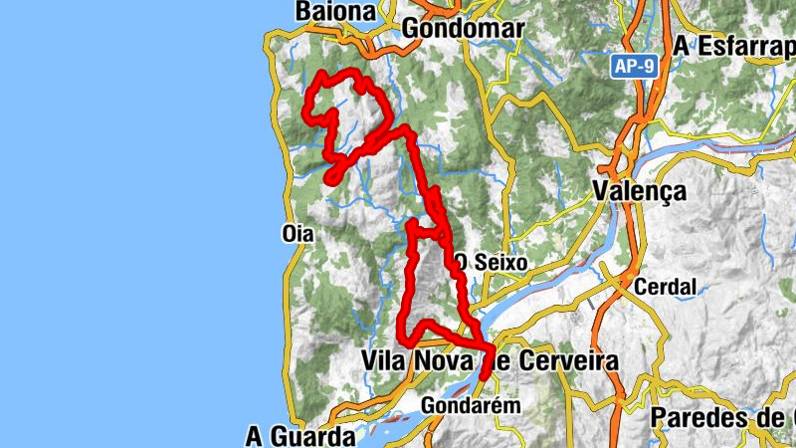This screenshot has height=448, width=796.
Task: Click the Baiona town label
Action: [x=336, y=12]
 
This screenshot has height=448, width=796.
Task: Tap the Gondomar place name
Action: [x=463, y=29]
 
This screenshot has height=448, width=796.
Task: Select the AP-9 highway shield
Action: [x=634, y=65]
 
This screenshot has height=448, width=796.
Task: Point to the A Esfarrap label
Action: [x=734, y=46]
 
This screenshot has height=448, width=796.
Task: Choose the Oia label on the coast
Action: [x=298, y=234]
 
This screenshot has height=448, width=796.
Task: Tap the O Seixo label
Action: [x=491, y=263]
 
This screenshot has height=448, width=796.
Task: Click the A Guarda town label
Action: [x=300, y=436]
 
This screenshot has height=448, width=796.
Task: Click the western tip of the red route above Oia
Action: [x=328, y=178]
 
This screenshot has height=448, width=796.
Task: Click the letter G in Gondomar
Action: [x=412, y=29]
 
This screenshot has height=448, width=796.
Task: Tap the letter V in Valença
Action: [x=600, y=191]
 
